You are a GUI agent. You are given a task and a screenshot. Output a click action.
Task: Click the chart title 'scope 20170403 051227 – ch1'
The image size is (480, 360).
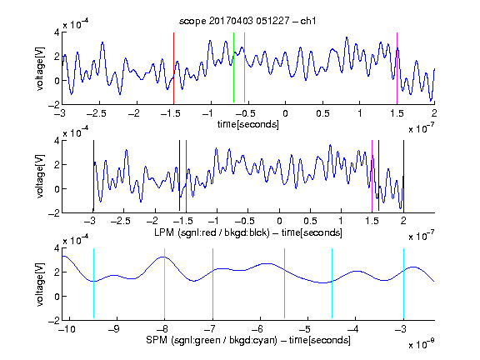click(x=247, y=21)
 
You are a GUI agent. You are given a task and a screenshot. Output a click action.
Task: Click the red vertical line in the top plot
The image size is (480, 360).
click(x=173, y=68)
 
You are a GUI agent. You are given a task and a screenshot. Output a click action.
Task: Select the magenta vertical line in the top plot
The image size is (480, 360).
click(x=397, y=68)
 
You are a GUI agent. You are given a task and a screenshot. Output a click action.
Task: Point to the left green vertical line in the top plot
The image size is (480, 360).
click(x=233, y=67)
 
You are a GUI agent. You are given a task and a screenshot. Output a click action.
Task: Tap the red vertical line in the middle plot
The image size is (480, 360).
click(x=186, y=176)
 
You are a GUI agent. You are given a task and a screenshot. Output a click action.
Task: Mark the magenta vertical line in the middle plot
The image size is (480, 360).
click(x=372, y=176)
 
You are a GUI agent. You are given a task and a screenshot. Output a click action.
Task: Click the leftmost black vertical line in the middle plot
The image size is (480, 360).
click(x=93, y=176)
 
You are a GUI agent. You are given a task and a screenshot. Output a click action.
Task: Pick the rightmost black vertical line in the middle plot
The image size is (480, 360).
click(x=403, y=176)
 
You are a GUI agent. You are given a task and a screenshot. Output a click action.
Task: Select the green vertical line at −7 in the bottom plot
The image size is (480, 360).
click(x=212, y=283)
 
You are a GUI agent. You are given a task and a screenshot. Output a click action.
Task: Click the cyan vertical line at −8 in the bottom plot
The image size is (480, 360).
click(x=165, y=283)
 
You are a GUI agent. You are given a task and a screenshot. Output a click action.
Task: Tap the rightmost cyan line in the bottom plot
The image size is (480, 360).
click(x=403, y=283)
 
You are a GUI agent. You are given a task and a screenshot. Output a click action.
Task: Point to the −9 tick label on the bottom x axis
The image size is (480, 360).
click(x=114, y=329)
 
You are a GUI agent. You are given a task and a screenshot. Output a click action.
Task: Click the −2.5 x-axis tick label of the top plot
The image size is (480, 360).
click(x=96, y=113)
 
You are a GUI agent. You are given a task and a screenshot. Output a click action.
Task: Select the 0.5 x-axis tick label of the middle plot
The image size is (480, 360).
click(x=310, y=221)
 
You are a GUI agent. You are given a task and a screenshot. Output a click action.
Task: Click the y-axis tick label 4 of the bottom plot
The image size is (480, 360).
click(x=57, y=248)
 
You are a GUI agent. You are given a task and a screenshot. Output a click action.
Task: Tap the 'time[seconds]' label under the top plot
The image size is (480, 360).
click(x=248, y=124)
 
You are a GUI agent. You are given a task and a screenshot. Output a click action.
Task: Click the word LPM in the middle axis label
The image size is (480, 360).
click(x=164, y=232)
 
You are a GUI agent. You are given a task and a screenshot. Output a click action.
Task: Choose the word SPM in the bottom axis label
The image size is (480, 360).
click(x=157, y=340)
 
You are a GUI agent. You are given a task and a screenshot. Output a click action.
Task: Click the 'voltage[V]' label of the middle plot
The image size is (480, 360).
click(x=40, y=176)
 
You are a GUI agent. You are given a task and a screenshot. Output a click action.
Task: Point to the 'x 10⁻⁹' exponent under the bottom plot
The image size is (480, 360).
click(x=421, y=344)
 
